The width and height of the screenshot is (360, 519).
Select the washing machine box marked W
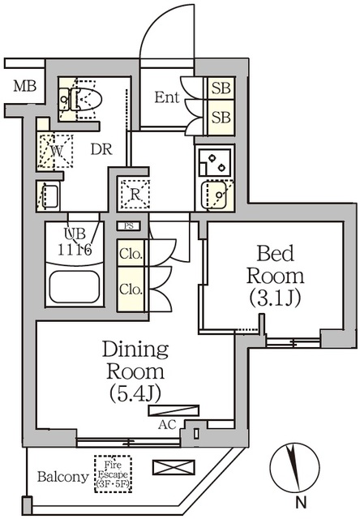pos(58,150)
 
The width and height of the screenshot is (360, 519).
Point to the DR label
pos(100,150)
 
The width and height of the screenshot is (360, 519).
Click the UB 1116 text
pos(79,242)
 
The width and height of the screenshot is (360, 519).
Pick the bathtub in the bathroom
pos(74,286)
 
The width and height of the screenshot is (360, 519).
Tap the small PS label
pos(129,226)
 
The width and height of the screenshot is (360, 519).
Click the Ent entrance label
pos(166,98)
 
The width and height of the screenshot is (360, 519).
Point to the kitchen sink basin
pos(215,195)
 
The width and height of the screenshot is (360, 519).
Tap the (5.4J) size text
pos(135,394)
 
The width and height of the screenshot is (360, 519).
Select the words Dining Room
pos(135,361)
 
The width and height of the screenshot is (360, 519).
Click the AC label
pos(167,424)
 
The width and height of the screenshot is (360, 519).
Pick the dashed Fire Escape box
pos(112,471)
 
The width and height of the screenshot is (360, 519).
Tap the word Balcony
pos(62,477)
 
